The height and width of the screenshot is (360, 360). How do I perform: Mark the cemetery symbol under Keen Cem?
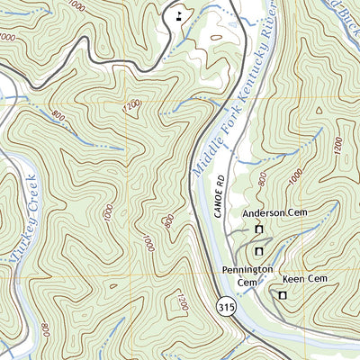coord(283,295)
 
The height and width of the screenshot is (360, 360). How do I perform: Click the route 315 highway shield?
coord(227,307)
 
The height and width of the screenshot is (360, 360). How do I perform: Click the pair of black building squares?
coord(180,13)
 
